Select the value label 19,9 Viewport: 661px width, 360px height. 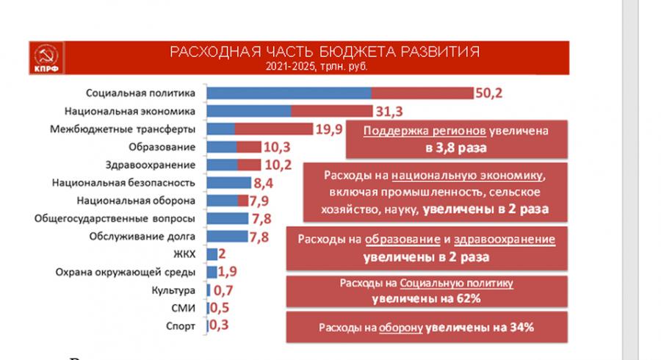[329, 129]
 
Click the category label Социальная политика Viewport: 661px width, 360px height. [140, 93]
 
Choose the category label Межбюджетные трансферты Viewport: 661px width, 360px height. [123, 129]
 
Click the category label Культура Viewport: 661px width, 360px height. [176, 290]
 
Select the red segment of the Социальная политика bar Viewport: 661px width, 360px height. [422, 93]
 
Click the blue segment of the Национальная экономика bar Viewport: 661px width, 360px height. [249, 111]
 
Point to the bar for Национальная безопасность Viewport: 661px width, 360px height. [228, 183]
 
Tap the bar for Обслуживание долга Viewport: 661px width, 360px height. [227, 237]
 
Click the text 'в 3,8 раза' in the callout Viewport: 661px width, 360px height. [456, 147]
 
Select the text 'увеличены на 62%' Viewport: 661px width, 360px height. [426, 298]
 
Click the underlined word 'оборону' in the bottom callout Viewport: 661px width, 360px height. [400, 328]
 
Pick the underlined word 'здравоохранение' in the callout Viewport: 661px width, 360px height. [505, 240]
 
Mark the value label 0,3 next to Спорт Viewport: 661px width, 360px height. [218, 325]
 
